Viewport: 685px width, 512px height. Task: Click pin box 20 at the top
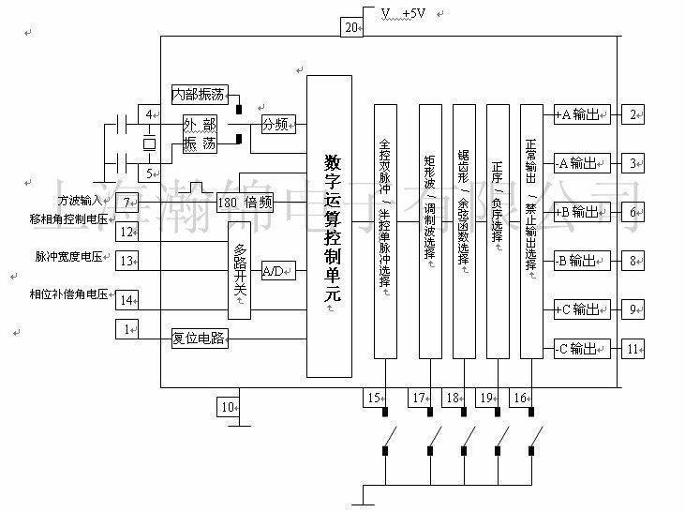pos(351,28)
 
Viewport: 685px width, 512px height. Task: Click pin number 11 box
pos(635,349)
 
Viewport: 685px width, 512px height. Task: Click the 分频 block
pos(278,123)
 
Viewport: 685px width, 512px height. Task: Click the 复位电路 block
pos(200,338)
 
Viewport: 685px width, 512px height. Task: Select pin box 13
pos(127,261)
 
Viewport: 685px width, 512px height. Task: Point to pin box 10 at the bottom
pos(228,407)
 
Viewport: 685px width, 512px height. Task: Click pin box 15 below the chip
pos(375,399)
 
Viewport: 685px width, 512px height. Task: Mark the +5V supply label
pos(408,13)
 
